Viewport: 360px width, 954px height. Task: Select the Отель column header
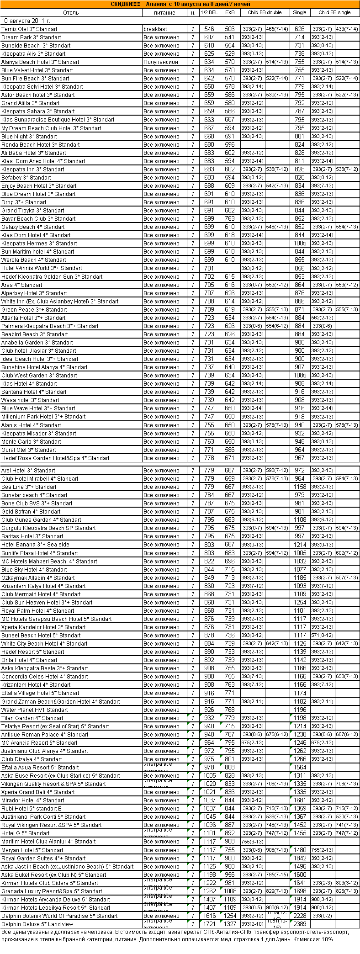pyautogui.click(x=71, y=13)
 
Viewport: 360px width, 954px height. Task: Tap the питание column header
pyautogui.click(x=164, y=13)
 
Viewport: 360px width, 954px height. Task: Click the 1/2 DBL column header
pyautogui.click(x=209, y=13)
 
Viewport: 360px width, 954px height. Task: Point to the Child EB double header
pyautogui.click(x=265, y=13)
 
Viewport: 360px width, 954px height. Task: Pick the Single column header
pyautogui.click(x=300, y=13)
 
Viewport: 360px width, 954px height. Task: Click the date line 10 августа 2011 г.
pyautogui.click(x=26, y=21)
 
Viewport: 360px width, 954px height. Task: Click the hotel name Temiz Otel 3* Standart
pyautogui.click(x=29, y=29)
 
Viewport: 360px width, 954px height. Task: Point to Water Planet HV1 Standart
pyautogui.click(x=35, y=710)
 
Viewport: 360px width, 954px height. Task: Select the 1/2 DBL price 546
pyautogui.click(x=209, y=29)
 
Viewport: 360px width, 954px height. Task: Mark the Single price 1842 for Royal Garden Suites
pyautogui.click(x=300, y=858)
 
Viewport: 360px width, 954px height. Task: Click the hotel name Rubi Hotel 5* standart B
pyautogui.click(x=32, y=808)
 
